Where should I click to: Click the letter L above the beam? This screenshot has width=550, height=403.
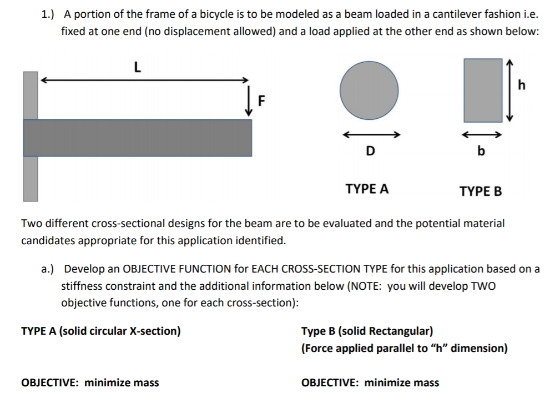click(137, 68)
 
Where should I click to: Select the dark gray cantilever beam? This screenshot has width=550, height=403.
click(138, 138)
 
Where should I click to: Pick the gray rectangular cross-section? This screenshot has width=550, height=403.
click(482, 90)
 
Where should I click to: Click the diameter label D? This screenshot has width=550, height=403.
click(370, 150)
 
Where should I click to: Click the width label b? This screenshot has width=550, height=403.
click(481, 150)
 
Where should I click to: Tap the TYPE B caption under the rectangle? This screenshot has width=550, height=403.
click(481, 192)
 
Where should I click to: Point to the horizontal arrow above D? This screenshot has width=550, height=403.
click(370, 134)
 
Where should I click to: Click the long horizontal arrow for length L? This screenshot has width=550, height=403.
click(144, 80)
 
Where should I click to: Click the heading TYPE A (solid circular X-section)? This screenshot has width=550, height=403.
click(100, 331)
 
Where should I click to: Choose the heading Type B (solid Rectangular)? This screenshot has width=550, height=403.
click(367, 331)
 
